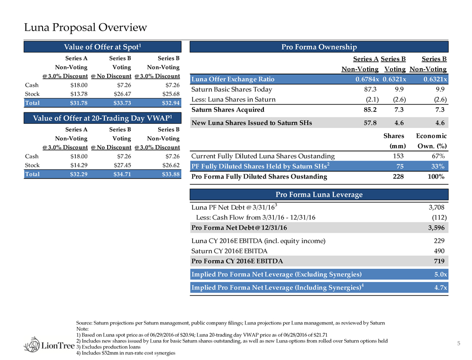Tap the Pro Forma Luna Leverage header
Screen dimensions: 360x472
tap(319, 195)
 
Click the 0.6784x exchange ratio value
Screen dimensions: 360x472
tap(366, 79)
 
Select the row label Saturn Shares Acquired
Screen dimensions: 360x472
tap(228, 110)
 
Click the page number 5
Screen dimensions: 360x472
tap(458, 343)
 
